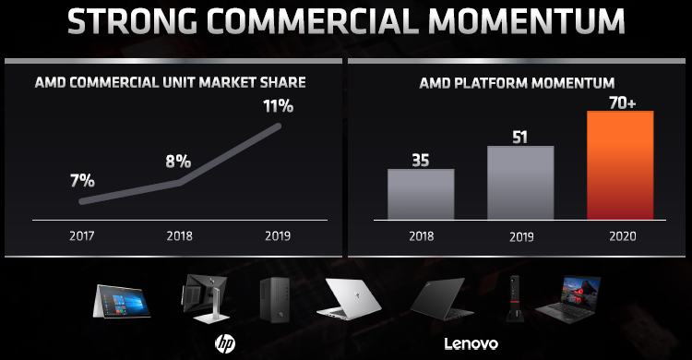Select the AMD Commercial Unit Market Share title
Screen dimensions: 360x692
[x=170, y=83]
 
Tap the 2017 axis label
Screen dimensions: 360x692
[x=82, y=235]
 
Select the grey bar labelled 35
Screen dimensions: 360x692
[x=420, y=193]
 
